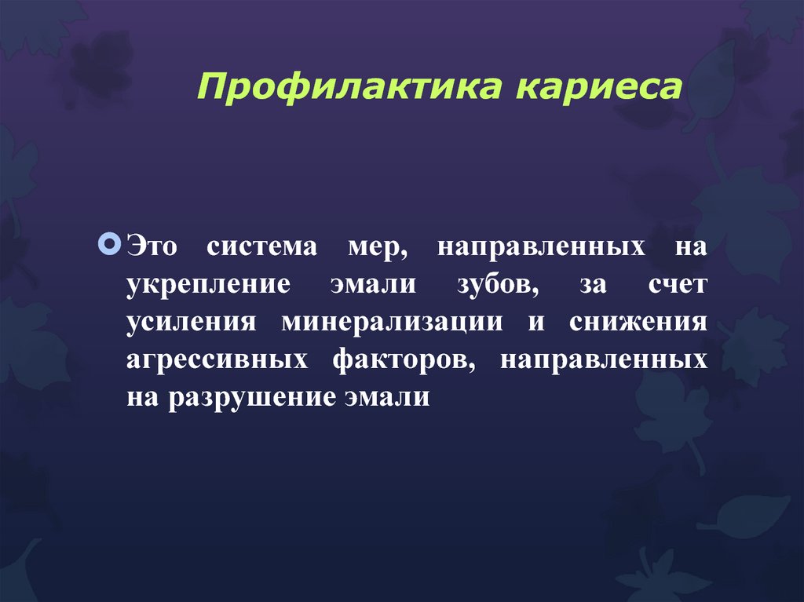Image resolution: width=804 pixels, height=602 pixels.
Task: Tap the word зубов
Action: click(496, 284)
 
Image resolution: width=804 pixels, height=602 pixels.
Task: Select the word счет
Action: click(677, 284)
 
